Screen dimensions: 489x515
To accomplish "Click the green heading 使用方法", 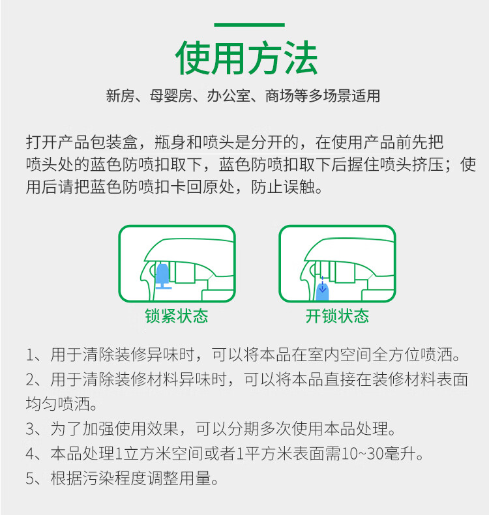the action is tap(246, 58).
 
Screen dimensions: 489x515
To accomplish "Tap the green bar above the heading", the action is tap(249, 25).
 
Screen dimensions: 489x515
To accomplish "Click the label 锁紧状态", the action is tap(177, 316).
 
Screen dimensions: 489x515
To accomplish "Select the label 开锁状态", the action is tap(337, 316).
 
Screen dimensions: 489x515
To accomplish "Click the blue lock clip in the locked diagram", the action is tap(163, 276).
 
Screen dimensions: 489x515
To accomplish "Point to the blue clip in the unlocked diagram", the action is tap(323, 292).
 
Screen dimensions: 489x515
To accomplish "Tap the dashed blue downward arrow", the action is tap(323, 284).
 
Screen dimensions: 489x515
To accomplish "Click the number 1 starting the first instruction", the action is tap(30, 355).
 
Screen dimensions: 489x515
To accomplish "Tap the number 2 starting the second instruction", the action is tap(30, 379).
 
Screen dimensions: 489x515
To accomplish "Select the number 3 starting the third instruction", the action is tap(30, 429).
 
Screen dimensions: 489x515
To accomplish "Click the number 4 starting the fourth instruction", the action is tap(30, 454).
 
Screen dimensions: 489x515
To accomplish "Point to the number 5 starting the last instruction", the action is tap(30, 478).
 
